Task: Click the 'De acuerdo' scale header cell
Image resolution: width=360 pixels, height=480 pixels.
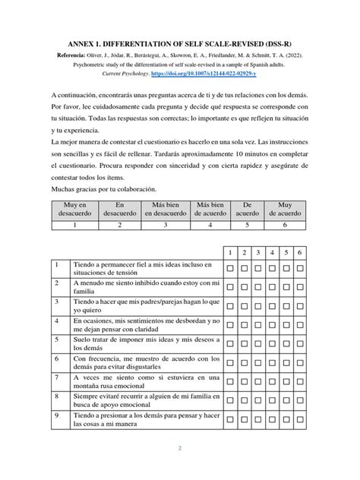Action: point(247,209)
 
